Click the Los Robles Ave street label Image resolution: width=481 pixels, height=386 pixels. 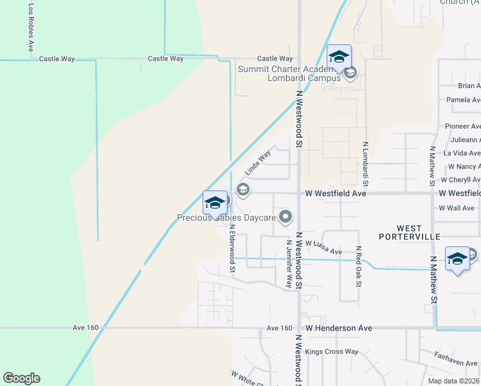30,28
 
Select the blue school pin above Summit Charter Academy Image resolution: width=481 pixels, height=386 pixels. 339,58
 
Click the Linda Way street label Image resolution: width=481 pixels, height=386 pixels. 258,163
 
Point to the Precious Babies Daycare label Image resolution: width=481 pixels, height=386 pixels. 226,218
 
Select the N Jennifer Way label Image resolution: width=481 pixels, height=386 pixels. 289,264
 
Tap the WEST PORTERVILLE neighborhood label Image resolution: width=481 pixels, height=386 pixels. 418,232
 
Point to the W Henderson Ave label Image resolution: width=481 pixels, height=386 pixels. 338,328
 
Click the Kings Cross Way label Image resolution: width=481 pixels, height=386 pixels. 332,351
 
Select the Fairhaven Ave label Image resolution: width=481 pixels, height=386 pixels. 455,362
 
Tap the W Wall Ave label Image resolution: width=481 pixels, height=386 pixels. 457,208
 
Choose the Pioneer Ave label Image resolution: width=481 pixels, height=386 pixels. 462,127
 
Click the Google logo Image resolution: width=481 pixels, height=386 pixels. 21,378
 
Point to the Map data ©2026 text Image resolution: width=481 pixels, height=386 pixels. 454,381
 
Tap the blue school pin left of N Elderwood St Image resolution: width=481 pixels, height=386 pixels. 215,205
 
